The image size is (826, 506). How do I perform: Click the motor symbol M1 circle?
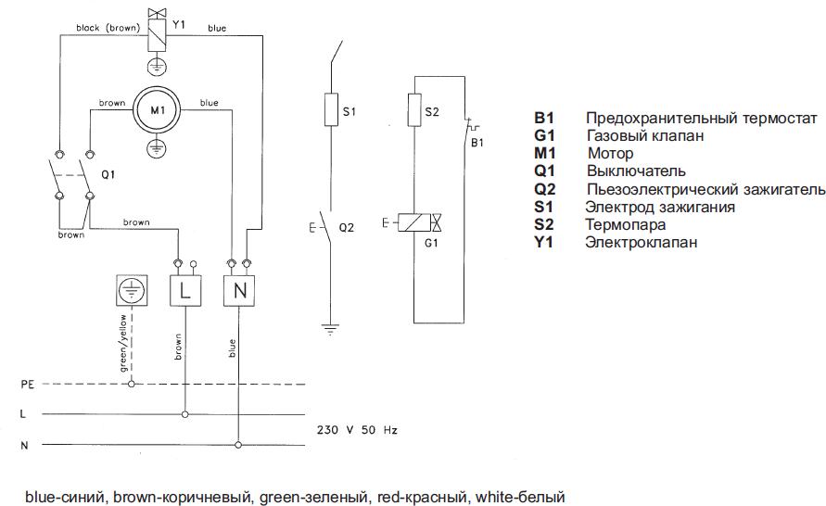pos(157,110)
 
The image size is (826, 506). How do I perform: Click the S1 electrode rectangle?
pos(329,110)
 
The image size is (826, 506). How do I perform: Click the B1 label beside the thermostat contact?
pos(477,142)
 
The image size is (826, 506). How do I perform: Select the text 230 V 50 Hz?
pos(357,431)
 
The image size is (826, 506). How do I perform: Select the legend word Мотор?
pos(610,153)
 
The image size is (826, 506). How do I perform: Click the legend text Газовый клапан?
pos(644,135)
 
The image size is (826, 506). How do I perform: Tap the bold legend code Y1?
pos(542,242)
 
